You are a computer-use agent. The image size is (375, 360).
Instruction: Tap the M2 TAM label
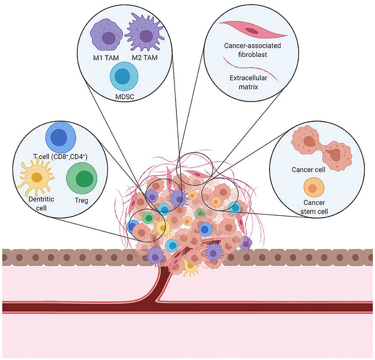[145, 57]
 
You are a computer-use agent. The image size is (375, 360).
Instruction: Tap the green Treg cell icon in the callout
[81, 179]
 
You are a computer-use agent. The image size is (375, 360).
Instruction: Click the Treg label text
[81, 201]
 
